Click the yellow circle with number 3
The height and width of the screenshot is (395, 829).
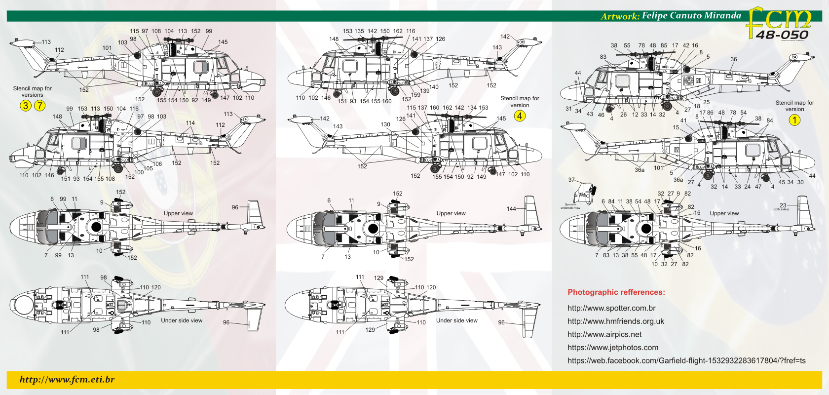26,105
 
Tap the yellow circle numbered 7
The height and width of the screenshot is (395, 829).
39,105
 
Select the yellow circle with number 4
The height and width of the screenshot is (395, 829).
520,116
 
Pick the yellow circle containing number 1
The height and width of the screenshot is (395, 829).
794,120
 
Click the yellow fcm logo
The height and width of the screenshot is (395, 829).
779,20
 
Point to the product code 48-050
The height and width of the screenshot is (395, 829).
782,35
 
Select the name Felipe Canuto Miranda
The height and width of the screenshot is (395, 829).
691,15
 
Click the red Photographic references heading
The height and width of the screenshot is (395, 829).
616,292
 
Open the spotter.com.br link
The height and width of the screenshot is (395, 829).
611,308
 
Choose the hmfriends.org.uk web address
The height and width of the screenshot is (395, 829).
616,321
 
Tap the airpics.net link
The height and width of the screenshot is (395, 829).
604,334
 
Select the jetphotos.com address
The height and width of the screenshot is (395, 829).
613,348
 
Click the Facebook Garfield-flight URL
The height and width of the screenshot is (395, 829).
686,360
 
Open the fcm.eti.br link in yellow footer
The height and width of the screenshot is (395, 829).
67,379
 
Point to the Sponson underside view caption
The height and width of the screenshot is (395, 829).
570,206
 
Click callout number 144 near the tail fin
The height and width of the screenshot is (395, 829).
511,209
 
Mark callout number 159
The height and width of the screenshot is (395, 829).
415,95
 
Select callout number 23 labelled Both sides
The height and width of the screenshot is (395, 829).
783,205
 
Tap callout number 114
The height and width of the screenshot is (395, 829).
190,123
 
